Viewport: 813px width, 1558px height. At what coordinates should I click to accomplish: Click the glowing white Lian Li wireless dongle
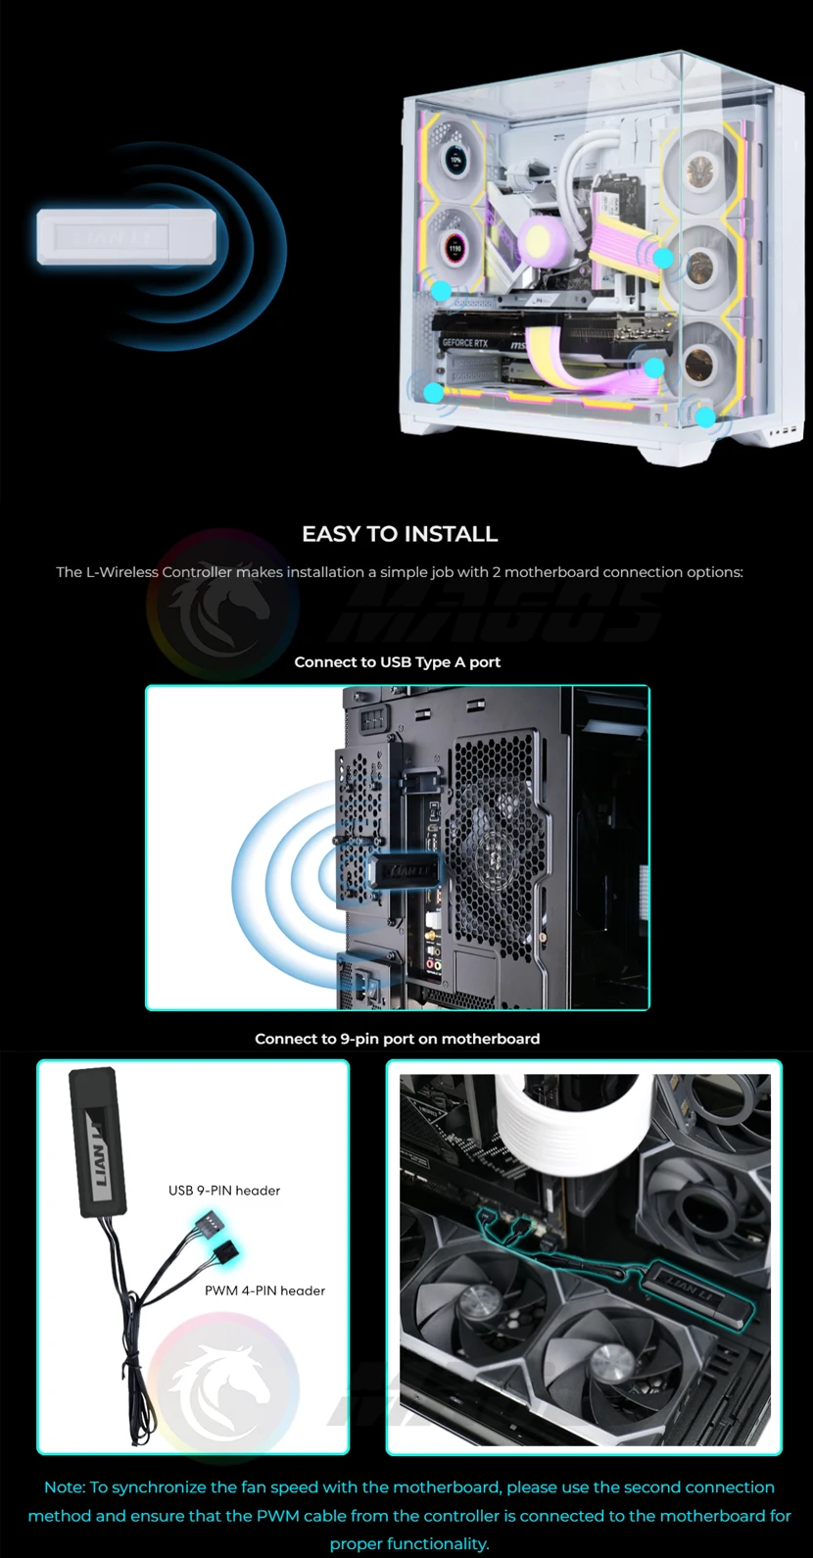[x=126, y=237]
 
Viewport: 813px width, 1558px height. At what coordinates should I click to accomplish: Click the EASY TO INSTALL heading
[x=400, y=533]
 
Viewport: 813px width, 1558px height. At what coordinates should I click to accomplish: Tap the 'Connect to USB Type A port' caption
[x=397, y=661]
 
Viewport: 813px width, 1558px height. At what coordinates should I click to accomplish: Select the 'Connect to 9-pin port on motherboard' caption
[x=397, y=1039]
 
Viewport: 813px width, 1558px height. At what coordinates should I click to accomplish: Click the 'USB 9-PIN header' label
[x=224, y=1191]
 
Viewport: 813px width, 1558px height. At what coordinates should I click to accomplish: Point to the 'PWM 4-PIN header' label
[x=265, y=1290]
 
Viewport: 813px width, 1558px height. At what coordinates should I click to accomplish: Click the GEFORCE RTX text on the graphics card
[x=465, y=343]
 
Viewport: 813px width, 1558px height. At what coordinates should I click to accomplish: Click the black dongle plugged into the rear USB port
[x=403, y=870]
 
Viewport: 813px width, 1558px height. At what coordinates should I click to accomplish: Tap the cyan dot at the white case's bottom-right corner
[x=705, y=417]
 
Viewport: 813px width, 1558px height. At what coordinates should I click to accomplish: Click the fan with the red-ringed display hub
[x=454, y=247]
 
